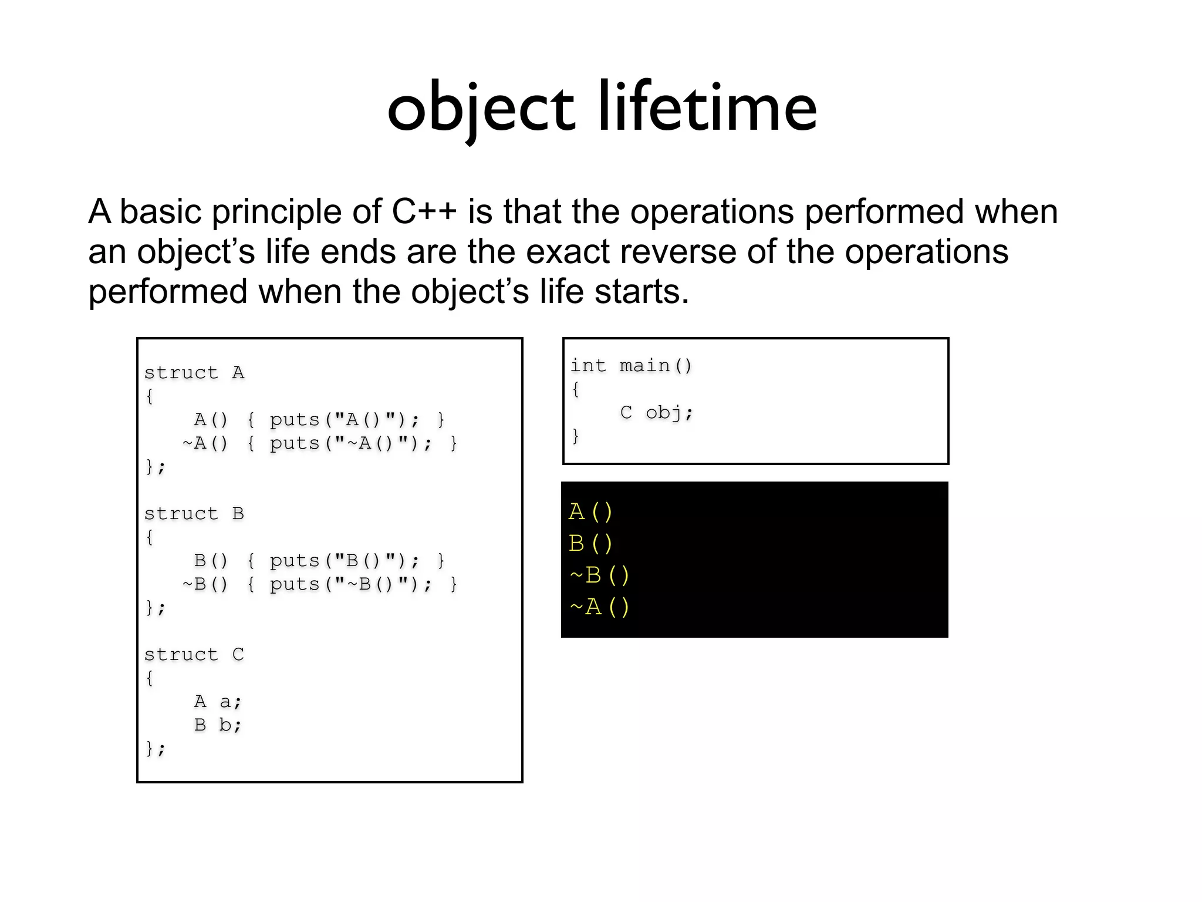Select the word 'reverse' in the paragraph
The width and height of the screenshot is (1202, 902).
pyautogui.click(x=678, y=251)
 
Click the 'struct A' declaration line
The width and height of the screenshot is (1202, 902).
pyautogui.click(x=194, y=373)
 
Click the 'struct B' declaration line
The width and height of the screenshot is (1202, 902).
pyautogui.click(x=194, y=514)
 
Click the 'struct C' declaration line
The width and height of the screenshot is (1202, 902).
pyautogui.click(x=194, y=655)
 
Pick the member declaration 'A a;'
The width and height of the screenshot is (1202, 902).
pyautogui.click(x=218, y=702)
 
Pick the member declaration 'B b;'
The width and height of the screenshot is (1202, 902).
pyautogui.click(x=218, y=725)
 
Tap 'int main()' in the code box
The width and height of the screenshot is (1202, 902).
pyautogui.click(x=632, y=366)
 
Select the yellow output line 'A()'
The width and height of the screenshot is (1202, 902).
pyautogui.click(x=590, y=512)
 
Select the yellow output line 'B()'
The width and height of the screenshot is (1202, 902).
pyautogui.click(x=590, y=544)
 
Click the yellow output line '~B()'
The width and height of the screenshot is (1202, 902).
pyautogui.click(x=599, y=575)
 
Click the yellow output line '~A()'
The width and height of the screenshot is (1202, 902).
pyautogui.click(x=599, y=607)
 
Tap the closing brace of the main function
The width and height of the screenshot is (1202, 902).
pyautogui.click(x=576, y=436)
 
